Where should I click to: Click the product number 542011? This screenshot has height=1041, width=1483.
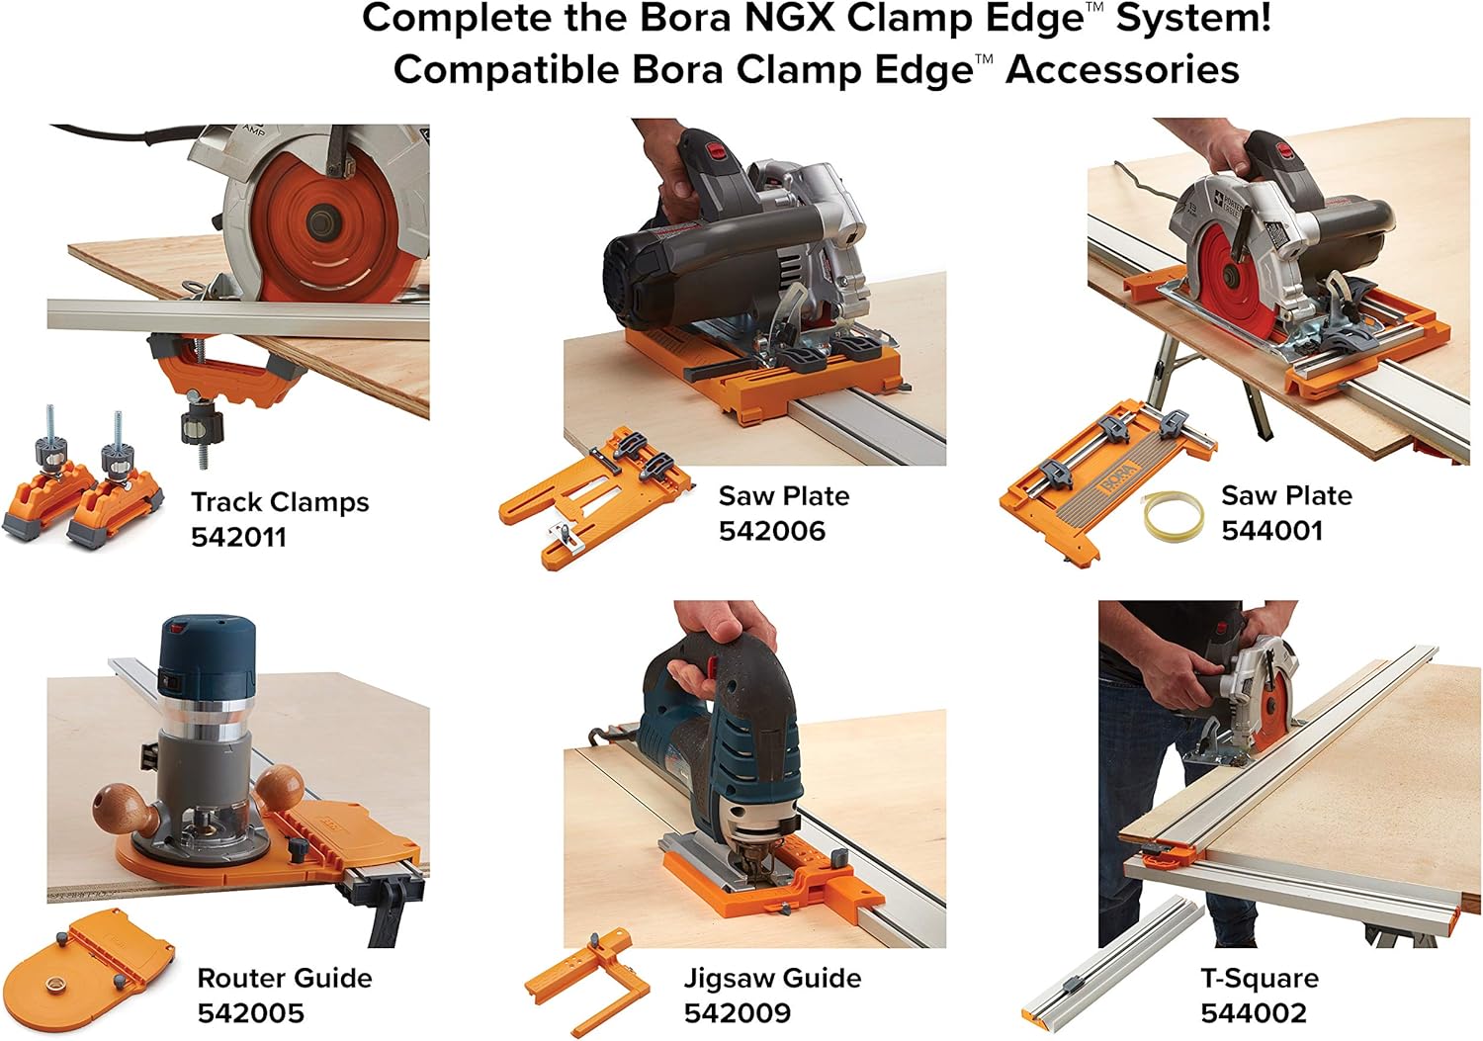point(238,537)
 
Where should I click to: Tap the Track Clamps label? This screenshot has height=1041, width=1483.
point(280,502)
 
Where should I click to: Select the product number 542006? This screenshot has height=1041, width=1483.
point(771,531)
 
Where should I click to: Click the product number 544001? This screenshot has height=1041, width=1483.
point(1271,531)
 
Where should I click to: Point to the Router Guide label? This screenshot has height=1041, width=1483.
point(285,978)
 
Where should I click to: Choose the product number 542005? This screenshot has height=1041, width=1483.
point(250,1013)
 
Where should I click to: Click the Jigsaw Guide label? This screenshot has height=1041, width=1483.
point(772,978)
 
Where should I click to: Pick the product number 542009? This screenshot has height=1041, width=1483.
point(737,1013)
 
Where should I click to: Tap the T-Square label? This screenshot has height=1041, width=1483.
point(1259,978)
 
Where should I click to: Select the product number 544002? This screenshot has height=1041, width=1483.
point(1253,1013)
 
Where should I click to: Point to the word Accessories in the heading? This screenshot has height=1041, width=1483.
point(1122,70)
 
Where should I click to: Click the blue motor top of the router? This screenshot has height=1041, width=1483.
point(210,652)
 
